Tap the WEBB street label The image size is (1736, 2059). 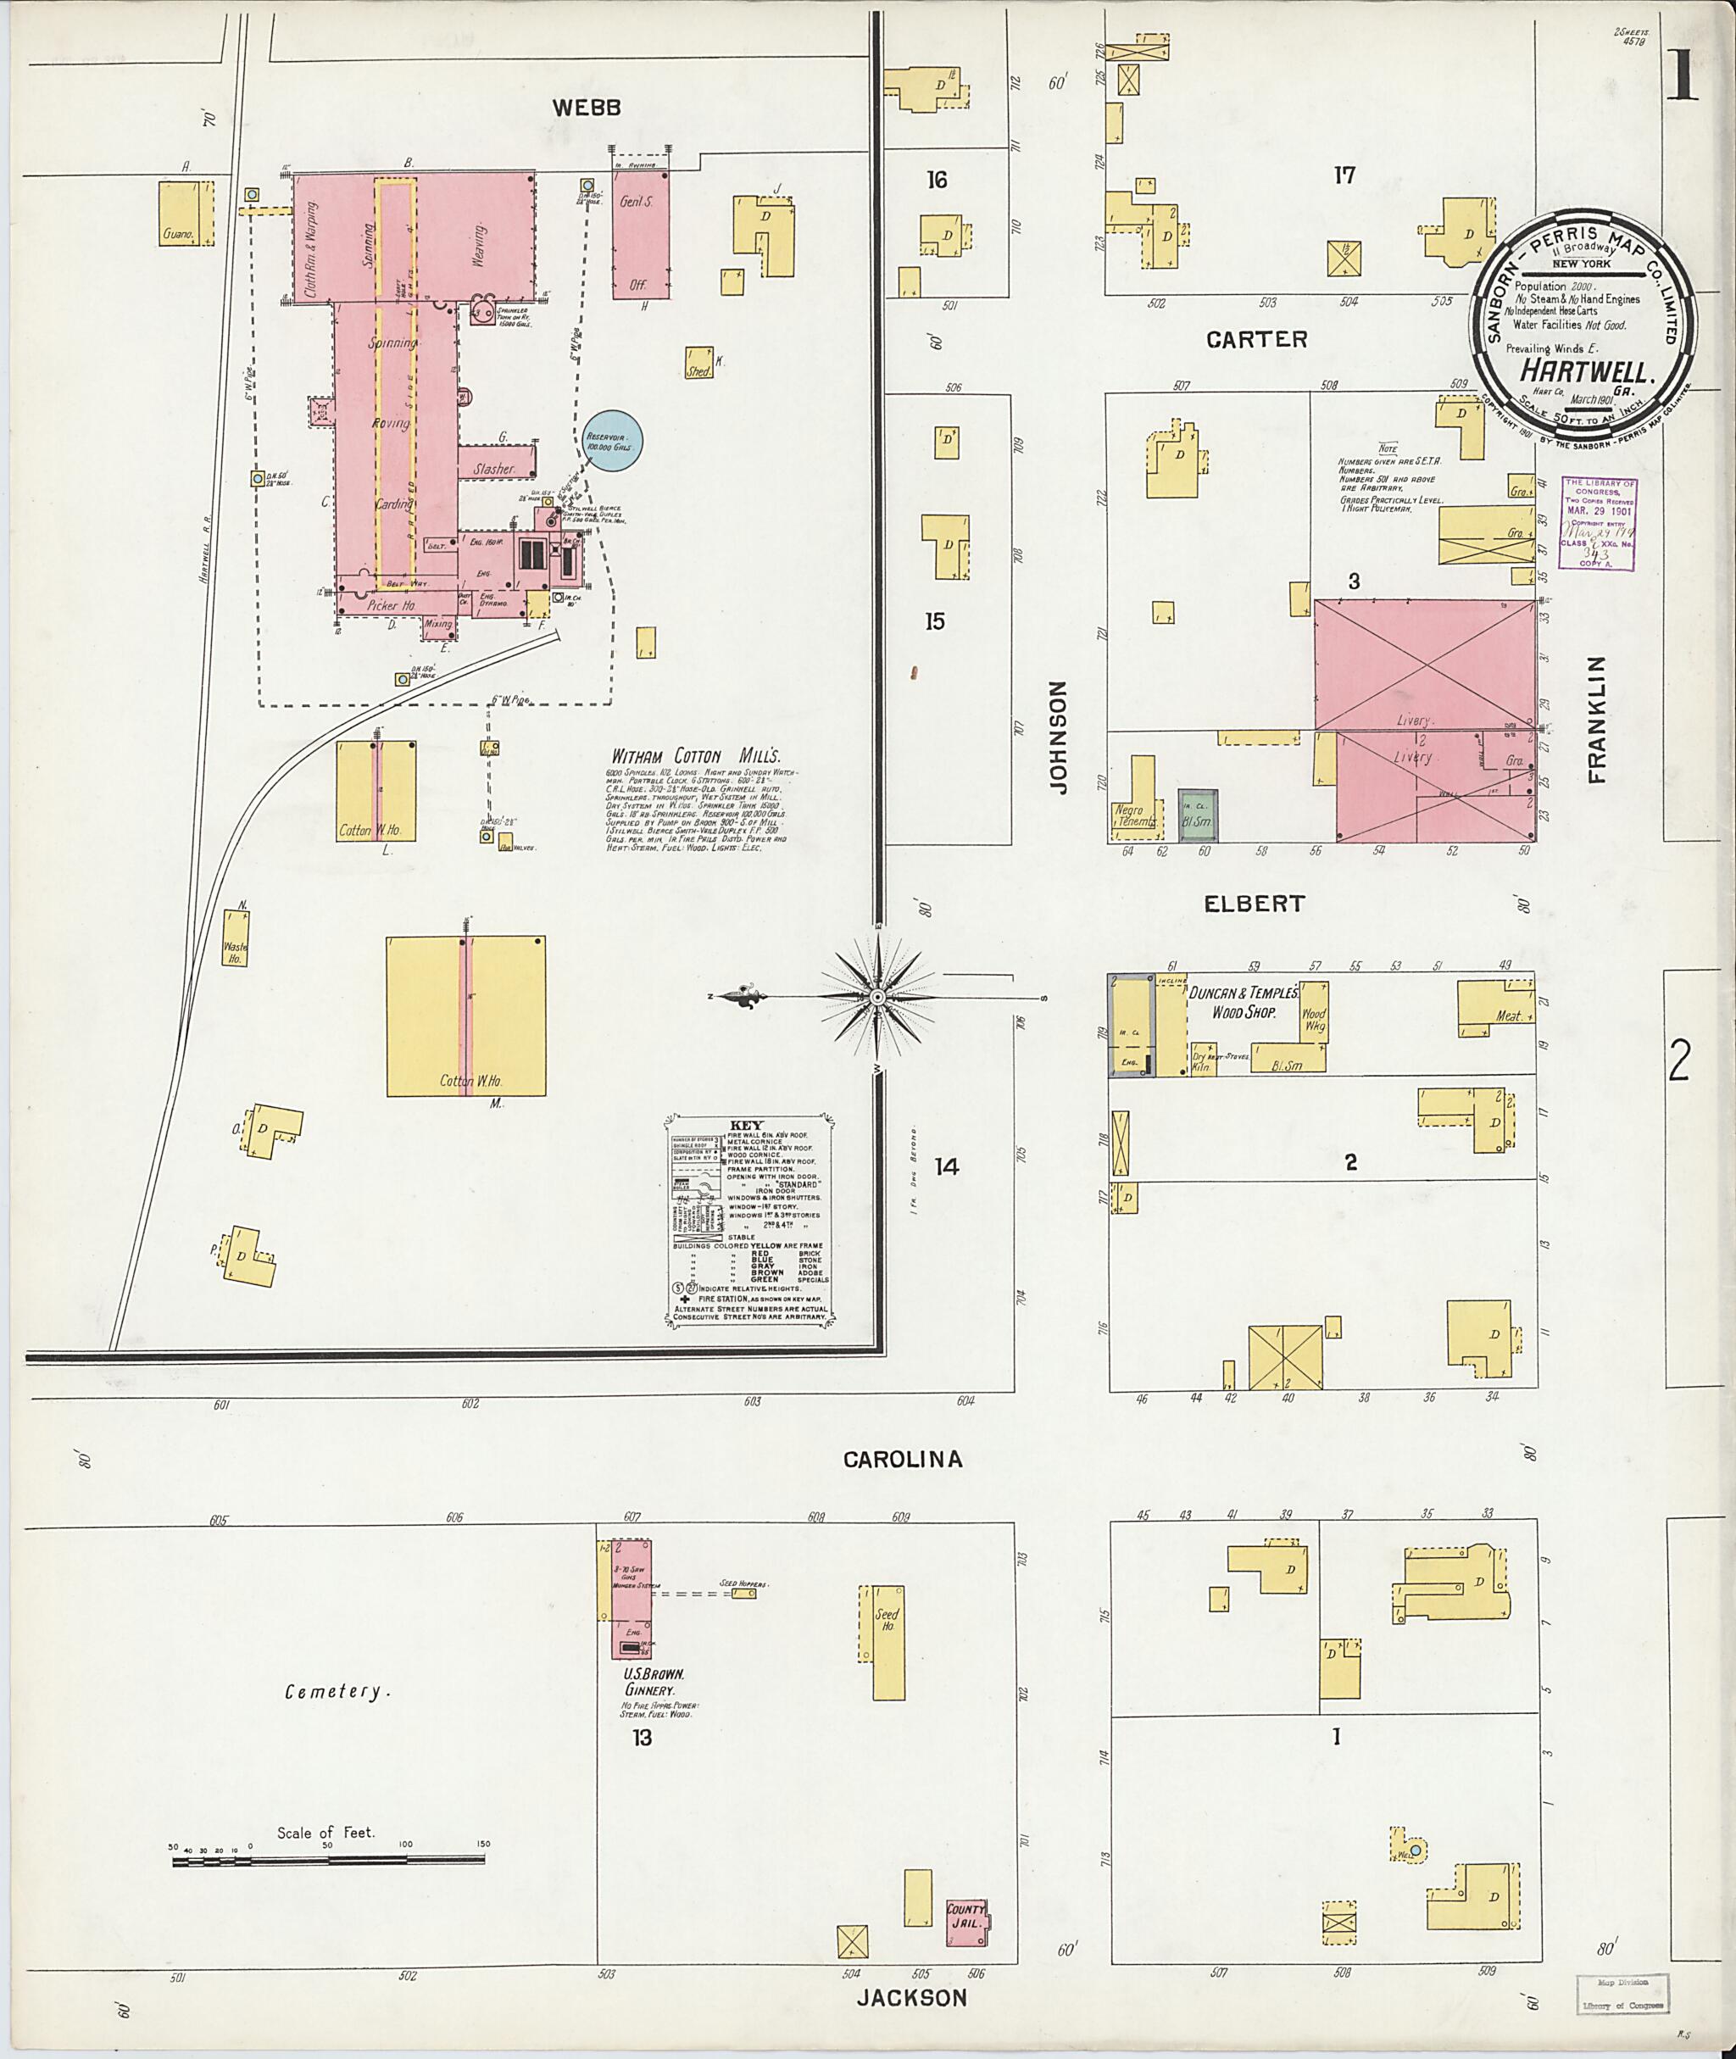[x=586, y=109]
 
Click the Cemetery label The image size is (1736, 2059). [x=337, y=1691]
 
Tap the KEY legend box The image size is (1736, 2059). [x=750, y=1221]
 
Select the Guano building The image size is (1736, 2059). [x=186, y=213]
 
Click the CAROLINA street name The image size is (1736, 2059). [x=903, y=1459]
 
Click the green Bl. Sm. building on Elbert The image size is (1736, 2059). [x=1198, y=815]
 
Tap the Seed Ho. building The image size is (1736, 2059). [x=887, y=1642]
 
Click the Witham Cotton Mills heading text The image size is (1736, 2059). [x=696, y=756]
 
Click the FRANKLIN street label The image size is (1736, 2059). [x=1595, y=720]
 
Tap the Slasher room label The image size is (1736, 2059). [x=494, y=470]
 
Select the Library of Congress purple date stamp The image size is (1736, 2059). [x=1600, y=525]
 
